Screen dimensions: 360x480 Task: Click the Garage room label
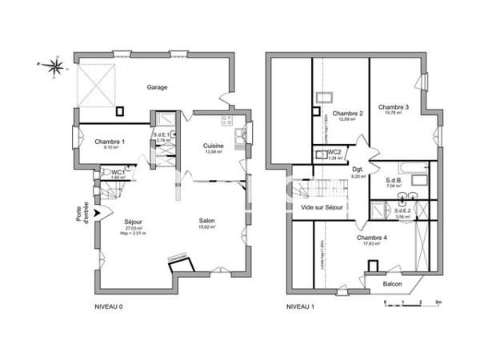pyautogui.click(x=157, y=87)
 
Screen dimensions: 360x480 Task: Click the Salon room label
pyautogui.click(x=208, y=222)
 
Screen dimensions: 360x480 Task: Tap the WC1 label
pyautogui.click(x=118, y=172)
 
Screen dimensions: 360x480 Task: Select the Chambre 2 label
pyautogui.click(x=348, y=114)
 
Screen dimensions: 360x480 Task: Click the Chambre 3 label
pyautogui.click(x=394, y=107)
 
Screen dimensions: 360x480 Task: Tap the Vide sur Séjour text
pyautogui.click(x=322, y=207)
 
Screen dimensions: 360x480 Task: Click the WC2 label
pyautogui.click(x=334, y=151)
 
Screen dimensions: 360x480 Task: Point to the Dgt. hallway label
pyautogui.click(x=358, y=170)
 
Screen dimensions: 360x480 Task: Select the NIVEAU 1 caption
pyautogui.click(x=302, y=306)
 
